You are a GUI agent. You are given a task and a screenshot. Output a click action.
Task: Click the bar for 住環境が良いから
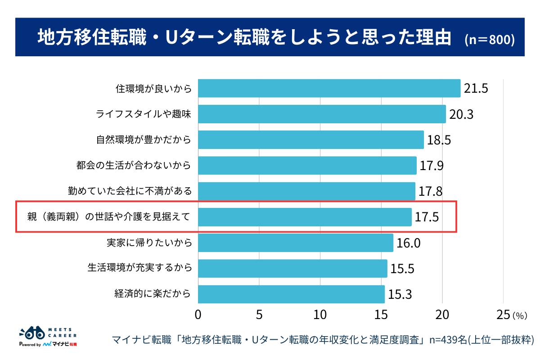(329, 88)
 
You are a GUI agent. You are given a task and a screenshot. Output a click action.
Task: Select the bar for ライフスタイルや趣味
(322, 114)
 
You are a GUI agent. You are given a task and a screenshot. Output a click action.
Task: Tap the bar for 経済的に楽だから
(291, 294)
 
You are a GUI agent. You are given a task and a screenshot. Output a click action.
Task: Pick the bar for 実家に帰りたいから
(295, 243)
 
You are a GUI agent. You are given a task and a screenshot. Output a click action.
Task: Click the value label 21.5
(476, 89)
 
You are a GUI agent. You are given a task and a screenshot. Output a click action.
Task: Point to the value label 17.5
(427, 217)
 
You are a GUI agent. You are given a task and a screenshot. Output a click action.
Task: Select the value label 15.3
(400, 295)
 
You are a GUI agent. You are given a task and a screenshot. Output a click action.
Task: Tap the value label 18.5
(439, 140)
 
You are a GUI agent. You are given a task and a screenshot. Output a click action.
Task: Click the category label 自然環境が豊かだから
(144, 140)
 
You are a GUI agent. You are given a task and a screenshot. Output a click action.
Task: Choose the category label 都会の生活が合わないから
(134, 166)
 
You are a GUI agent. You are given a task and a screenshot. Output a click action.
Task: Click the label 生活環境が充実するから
(139, 269)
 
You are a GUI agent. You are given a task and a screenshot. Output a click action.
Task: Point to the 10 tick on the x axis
(320, 315)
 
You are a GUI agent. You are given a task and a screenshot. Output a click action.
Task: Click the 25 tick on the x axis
(503, 315)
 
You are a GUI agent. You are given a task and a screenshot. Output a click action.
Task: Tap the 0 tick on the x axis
(198, 315)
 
